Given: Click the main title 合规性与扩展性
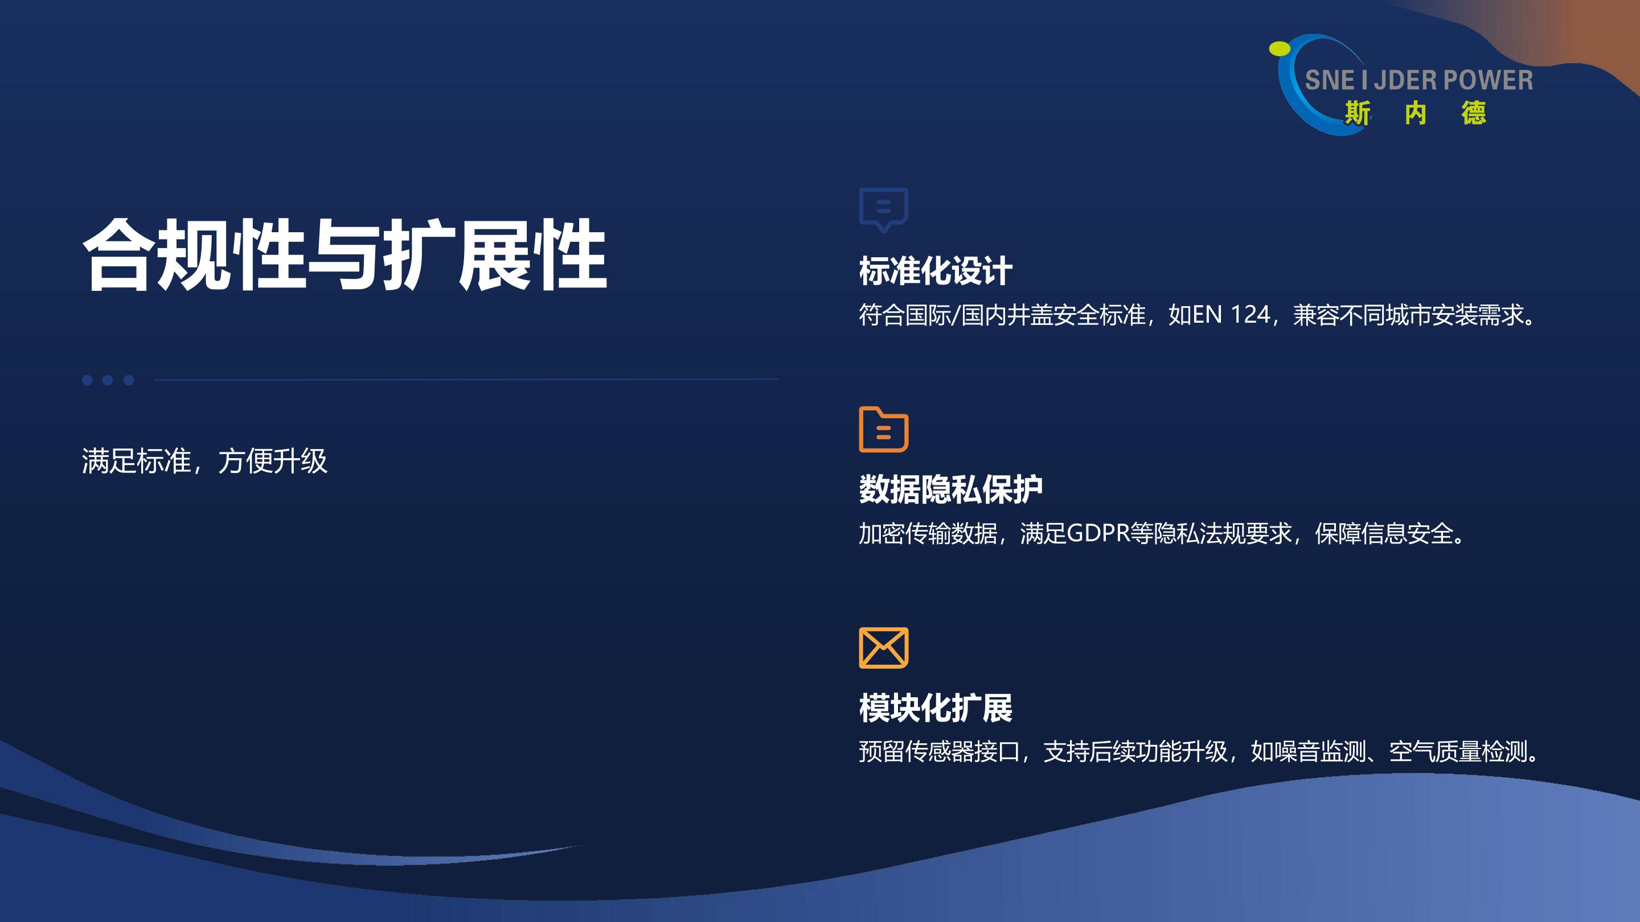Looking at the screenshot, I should pos(345,254).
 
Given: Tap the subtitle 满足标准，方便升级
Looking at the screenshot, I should pos(204,460).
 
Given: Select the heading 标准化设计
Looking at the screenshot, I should pos(935,270).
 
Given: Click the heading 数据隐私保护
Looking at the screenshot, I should pos(950,489).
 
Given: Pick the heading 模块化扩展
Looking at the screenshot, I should pos(935,707).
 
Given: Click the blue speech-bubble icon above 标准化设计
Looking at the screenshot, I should pos(884,209).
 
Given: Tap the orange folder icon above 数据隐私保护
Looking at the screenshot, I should pos(884,430).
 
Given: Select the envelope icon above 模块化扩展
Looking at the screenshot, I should pos(884,648).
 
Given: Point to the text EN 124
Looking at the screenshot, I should pos(1231,315).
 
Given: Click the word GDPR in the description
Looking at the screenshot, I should pos(1097,533).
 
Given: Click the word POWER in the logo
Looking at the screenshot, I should pos(1488,81).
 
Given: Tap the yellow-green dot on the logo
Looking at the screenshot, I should pos(1280,49).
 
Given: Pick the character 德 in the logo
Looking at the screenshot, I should pos(1473,114).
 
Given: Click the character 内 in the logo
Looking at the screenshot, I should pos(1415,114).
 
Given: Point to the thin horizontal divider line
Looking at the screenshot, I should pos(465,379).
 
